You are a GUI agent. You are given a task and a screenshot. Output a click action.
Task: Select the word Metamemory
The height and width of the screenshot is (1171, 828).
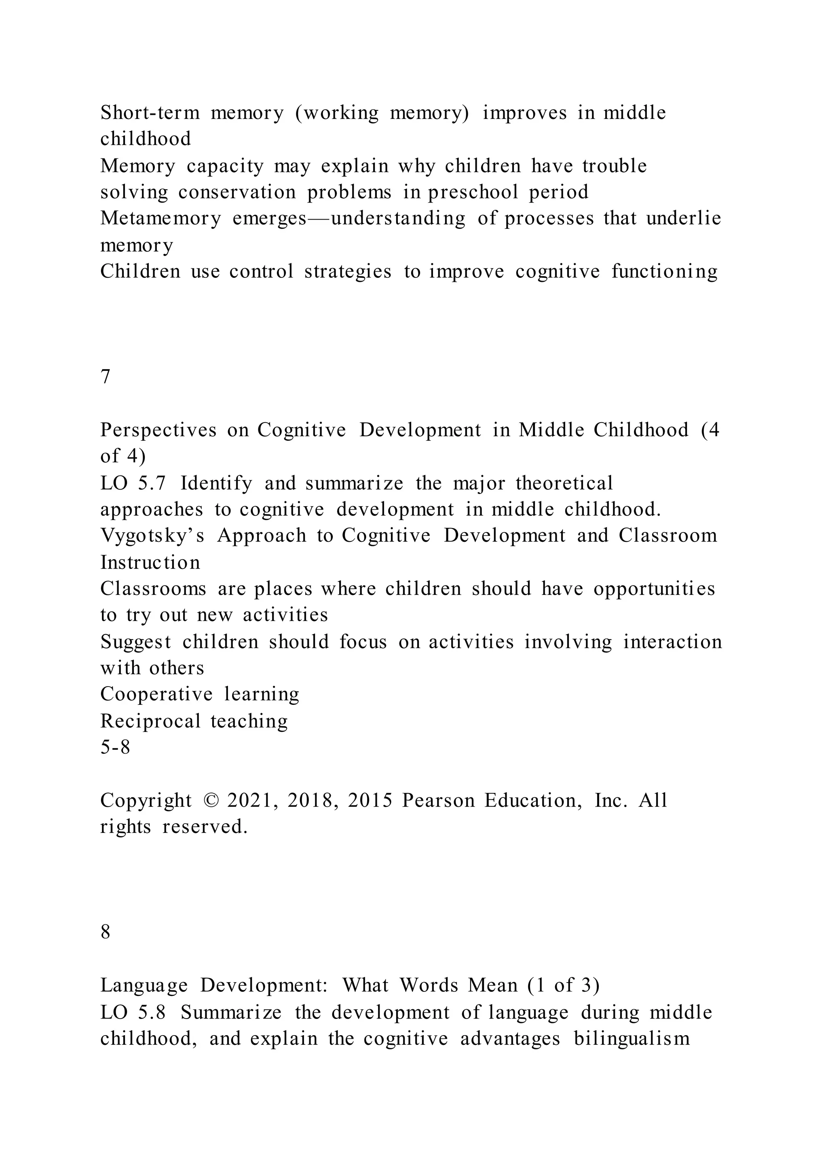coord(161,218)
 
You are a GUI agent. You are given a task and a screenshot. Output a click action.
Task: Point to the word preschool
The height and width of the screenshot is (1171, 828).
coord(473,192)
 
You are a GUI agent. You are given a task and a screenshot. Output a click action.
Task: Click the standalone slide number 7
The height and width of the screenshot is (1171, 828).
coord(106,377)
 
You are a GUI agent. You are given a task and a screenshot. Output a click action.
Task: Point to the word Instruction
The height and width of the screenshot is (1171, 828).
coord(150,562)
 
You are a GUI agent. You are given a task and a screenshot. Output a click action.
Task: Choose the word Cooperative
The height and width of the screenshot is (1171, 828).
coord(156,694)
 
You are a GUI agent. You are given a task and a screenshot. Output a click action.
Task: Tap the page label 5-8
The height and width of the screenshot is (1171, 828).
coord(115,747)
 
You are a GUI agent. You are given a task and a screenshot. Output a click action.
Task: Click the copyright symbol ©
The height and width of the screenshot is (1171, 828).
coord(209,800)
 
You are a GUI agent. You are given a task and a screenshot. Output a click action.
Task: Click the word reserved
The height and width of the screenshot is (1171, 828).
coord(205,827)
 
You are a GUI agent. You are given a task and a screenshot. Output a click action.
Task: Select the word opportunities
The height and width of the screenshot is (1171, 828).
coord(654,589)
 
